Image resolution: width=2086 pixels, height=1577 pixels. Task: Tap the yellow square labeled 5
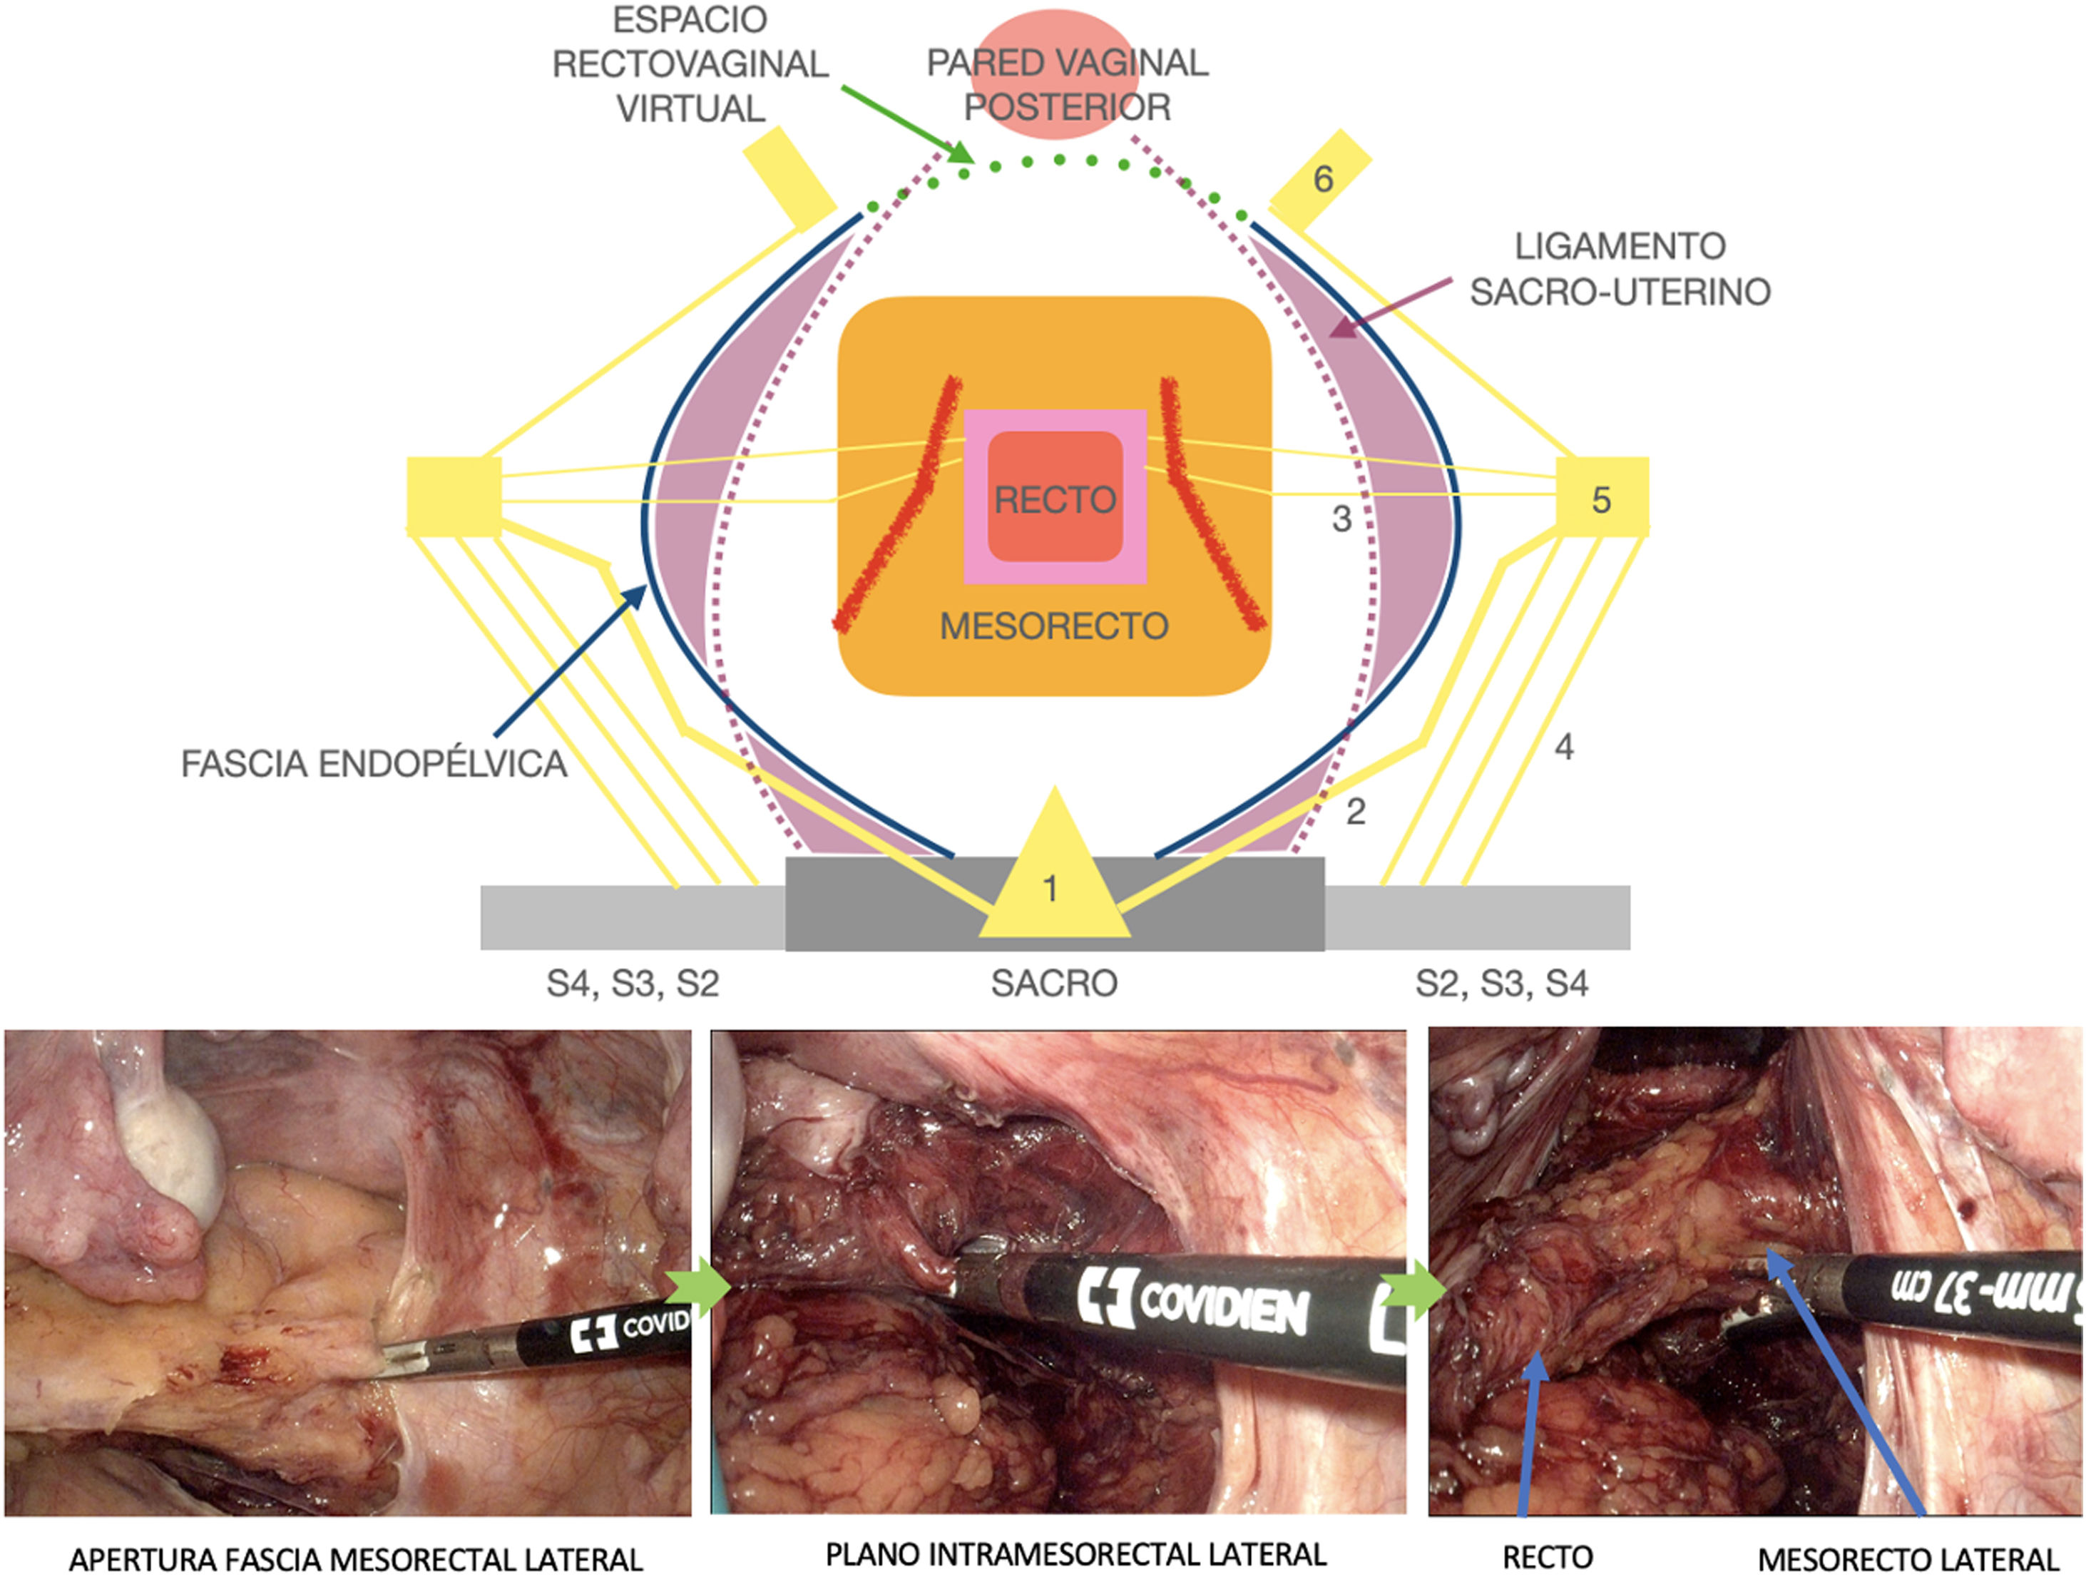tap(1601, 498)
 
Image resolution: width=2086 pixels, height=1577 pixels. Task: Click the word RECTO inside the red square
tap(1055, 499)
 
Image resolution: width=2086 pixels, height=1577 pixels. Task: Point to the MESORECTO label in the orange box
tap(1054, 626)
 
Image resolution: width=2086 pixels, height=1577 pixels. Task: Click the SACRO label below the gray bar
tap(1053, 984)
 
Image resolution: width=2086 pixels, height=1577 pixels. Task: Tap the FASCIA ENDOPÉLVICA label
tap(374, 763)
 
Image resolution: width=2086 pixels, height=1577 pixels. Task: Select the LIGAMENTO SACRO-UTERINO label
tap(1619, 269)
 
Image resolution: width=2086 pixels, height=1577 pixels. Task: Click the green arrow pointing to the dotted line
tap(905, 123)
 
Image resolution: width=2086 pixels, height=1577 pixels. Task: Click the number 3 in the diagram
tap(1341, 518)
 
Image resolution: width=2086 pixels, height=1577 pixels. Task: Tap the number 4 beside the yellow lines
tap(1563, 747)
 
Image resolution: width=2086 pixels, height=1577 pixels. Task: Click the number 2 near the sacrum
tap(1355, 811)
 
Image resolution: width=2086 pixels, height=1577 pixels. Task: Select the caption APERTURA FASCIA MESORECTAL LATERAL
tap(356, 1559)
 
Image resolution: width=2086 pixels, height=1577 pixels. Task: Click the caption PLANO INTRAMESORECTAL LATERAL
tap(1075, 1553)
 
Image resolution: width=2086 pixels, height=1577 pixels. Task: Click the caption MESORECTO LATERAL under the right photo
tap(1908, 1559)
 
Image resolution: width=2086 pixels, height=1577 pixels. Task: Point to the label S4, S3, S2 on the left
tap(633, 984)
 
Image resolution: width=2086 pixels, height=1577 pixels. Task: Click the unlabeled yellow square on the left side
tap(454, 496)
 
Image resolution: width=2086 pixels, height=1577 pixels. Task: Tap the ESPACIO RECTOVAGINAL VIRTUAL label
tap(690, 64)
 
